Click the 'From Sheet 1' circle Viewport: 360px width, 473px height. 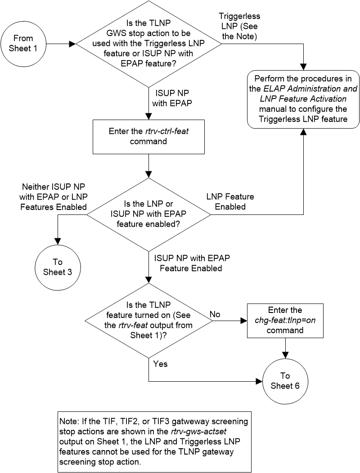tap(23, 44)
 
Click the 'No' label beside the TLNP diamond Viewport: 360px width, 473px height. tap(215, 313)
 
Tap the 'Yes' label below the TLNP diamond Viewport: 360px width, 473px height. tap(160, 364)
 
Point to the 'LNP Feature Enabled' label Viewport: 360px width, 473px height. tap(229, 202)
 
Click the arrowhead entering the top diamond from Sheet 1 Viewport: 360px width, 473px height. tap(73, 44)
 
